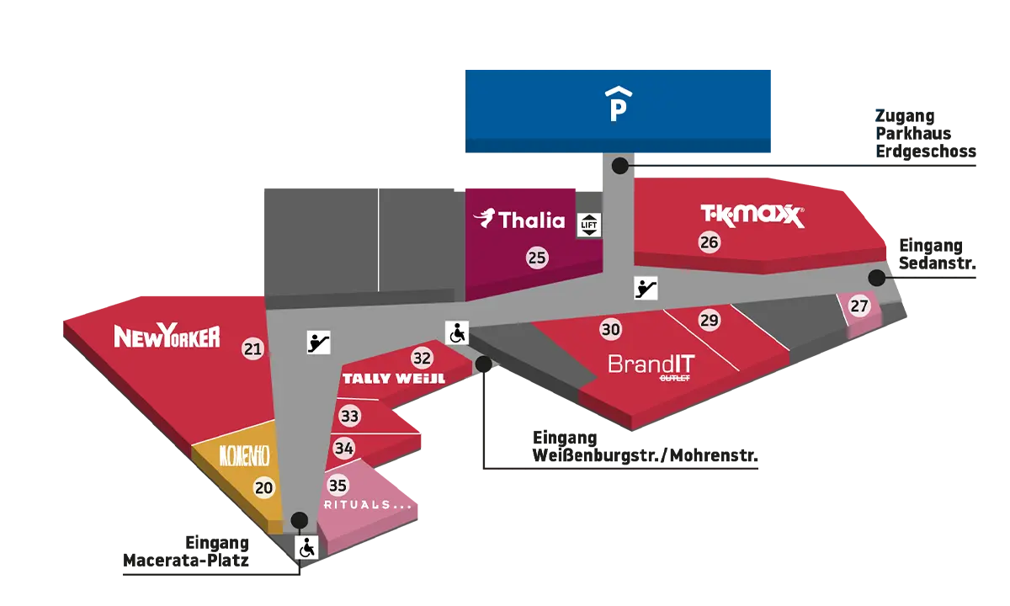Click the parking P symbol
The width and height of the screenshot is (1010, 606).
[619, 104]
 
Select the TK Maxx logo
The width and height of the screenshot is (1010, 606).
[752, 216]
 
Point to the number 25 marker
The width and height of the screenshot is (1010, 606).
[537, 258]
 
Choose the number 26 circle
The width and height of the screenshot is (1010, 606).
[710, 242]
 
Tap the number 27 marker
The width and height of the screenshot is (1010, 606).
[858, 306]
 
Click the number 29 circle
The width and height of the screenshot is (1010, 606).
[710, 320]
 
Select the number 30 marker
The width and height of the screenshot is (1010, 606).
[611, 329]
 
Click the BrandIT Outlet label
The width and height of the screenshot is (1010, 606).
[651, 367]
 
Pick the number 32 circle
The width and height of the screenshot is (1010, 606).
[422, 358]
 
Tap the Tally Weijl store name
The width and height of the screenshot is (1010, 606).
[393, 379]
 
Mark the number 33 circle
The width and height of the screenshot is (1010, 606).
[349, 416]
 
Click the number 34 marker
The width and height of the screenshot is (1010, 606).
[343, 449]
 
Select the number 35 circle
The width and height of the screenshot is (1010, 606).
[338, 485]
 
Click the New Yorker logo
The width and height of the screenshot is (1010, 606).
[167, 338]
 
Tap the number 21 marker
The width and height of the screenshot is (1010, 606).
[252, 348]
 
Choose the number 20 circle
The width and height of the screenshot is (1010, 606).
[264, 486]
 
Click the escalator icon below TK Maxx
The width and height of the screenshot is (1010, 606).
[646, 289]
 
